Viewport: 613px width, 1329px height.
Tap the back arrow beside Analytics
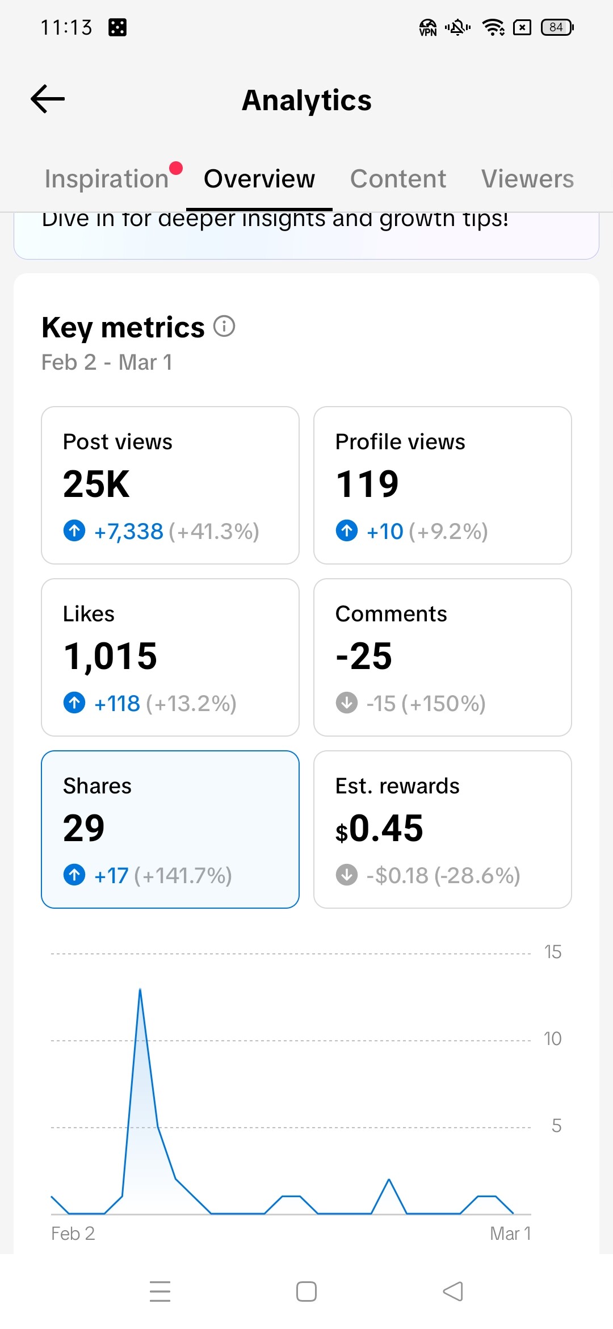click(x=48, y=99)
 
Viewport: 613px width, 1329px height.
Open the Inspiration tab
click(x=107, y=179)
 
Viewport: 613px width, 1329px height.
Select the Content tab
click(x=398, y=179)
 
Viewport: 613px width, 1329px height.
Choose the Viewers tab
click(x=527, y=179)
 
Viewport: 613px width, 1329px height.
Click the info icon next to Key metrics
click(x=224, y=327)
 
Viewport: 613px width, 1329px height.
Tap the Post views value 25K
click(x=96, y=484)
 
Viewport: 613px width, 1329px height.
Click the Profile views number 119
click(x=367, y=484)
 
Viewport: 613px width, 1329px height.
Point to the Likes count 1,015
click(x=110, y=657)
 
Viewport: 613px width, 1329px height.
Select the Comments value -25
click(x=364, y=657)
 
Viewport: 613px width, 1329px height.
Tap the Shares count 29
click(x=84, y=829)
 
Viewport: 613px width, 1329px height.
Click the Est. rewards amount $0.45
click(x=379, y=829)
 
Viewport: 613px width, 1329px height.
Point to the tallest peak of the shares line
click(x=140, y=991)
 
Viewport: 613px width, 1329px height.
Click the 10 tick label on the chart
click(x=552, y=1039)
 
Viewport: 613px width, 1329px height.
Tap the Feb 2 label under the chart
click(x=73, y=1234)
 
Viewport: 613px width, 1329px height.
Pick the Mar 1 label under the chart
click(x=510, y=1234)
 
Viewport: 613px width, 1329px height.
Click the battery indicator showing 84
click(x=557, y=27)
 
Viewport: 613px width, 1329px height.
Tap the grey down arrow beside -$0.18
click(x=347, y=875)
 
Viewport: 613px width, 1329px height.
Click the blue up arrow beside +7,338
click(x=74, y=531)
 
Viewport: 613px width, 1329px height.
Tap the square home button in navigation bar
click(x=306, y=1292)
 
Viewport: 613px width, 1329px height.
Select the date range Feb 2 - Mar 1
click(x=107, y=362)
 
